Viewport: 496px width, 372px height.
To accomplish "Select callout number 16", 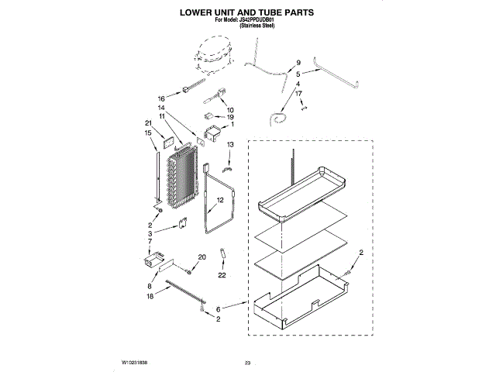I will pyautogui.click(x=162, y=99).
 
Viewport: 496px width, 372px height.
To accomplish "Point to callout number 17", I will pyautogui.click(x=298, y=93).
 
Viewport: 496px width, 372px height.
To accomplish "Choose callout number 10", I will pyautogui.click(x=230, y=110).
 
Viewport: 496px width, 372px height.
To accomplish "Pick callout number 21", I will pyautogui.click(x=148, y=122).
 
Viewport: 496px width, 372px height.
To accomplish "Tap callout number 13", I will pyautogui.click(x=230, y=145).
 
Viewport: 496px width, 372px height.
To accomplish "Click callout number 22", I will pyautogui.click(x=222, y=275).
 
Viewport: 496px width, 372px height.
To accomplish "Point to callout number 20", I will pyautogui.click(x=202, y=257).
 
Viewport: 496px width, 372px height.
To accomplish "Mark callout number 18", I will pyautogui.click(x=150, y=296).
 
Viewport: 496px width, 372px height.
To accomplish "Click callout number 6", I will pyautogui.click(x=218, y=308).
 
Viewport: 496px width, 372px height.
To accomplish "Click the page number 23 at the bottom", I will pyautogui.click(x=248, y=363).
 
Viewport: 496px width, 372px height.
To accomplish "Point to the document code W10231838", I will pyautogui.click(x=134, y=363).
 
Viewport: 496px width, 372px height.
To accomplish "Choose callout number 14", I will pyautogui.click(x=162, y=108).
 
